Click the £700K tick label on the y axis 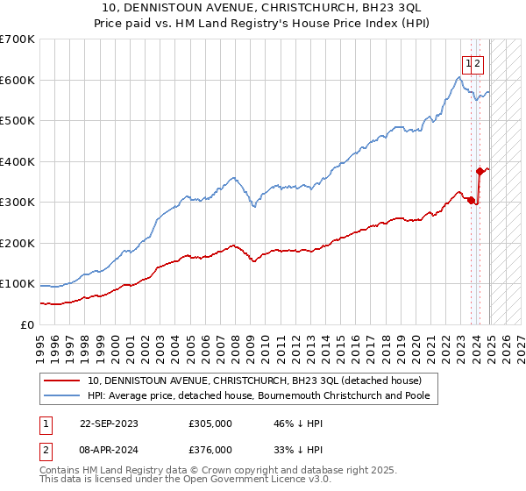(18, 39)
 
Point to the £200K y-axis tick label (18, 243)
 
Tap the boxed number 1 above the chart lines (469, 63)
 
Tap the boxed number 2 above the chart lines (479, 63)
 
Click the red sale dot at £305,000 (472, 201)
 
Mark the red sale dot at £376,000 (480, 172)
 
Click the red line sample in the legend (62, 381)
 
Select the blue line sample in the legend (62, 395)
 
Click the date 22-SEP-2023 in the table (109, 423)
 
